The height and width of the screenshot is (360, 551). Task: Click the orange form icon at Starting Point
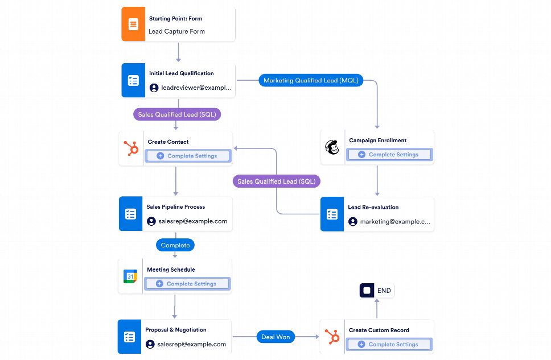pos(133,24)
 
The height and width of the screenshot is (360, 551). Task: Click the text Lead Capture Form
pos(176,32)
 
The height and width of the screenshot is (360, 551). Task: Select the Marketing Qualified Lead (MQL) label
pos(311,81)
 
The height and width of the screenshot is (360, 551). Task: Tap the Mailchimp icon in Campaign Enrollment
pos(332,148)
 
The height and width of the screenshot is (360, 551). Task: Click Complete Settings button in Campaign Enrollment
pos(389,155)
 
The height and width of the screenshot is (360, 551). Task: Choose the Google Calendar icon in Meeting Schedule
pos(130,276)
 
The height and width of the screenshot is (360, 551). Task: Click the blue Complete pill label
pos(175,245)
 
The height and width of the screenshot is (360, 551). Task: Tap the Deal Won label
pos(275,337)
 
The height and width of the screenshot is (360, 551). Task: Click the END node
pos(376,291)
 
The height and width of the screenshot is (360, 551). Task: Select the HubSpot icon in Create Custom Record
pos(332,337)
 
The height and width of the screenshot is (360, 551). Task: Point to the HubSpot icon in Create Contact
pos(131,149)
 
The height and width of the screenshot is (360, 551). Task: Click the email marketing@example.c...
pos(395,222)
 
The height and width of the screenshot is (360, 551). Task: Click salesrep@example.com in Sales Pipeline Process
pos(192,221)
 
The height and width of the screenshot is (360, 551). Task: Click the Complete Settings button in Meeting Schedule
pos(187,284)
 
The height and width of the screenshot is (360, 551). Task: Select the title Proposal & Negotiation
pos(175,330)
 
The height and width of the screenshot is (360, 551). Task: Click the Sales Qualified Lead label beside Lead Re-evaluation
pos(277,181)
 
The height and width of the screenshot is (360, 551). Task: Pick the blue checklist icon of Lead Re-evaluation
pos(332,214)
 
